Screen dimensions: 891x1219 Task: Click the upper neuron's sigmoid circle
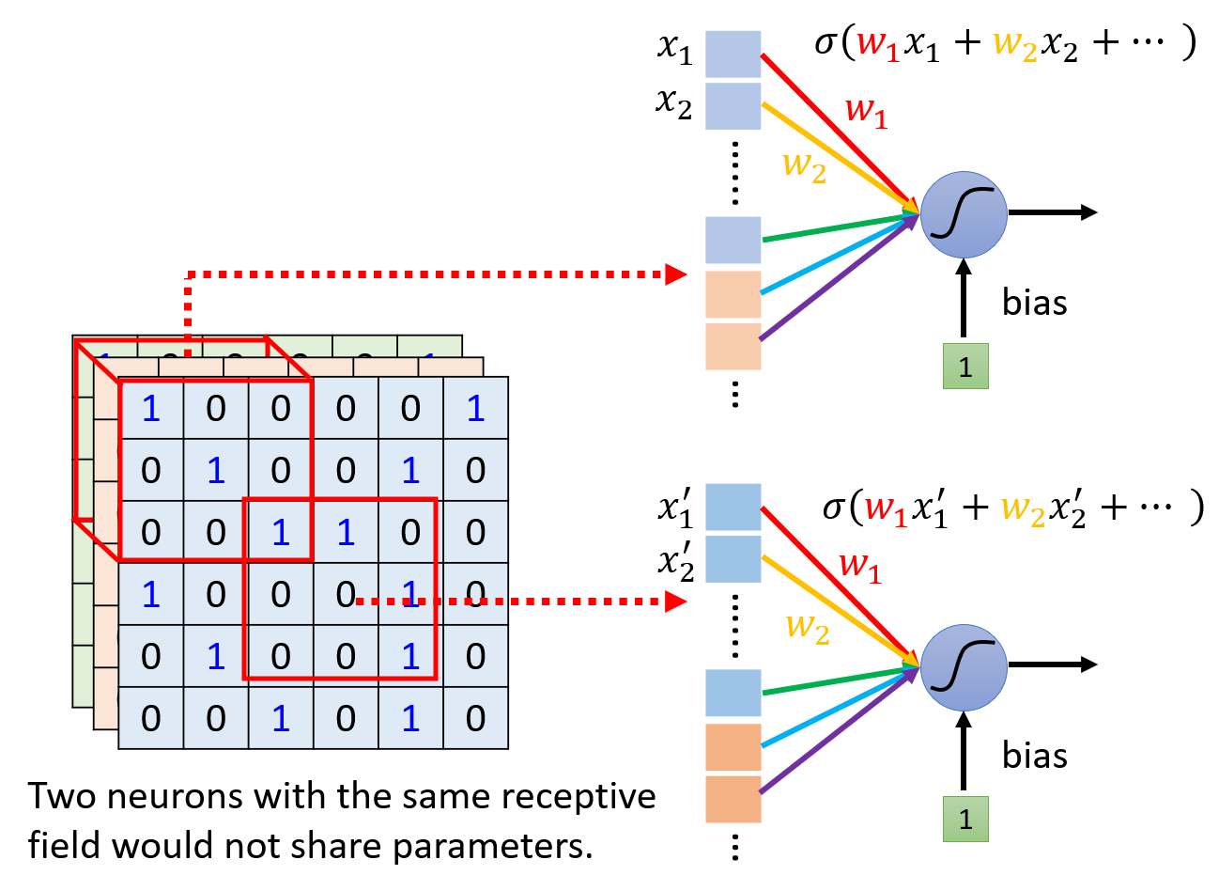pos(964,214)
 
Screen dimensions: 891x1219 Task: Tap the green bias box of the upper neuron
pos(965,366)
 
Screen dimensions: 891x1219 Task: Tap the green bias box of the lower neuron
pos(965,819)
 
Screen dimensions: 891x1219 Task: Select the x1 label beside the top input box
pos(674,47)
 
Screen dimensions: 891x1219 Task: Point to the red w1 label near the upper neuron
pos(866,111)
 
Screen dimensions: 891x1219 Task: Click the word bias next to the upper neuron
pos(1034,303)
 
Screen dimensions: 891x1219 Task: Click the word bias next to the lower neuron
pos(1034,756)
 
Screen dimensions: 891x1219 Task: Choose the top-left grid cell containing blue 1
pos(151,409)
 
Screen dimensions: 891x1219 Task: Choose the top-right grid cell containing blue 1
pos(476,409)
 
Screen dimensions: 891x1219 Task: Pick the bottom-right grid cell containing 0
pos(476,719)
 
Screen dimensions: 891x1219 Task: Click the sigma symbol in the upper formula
pos(826,42)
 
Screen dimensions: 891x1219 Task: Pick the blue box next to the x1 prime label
pos(733,507)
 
